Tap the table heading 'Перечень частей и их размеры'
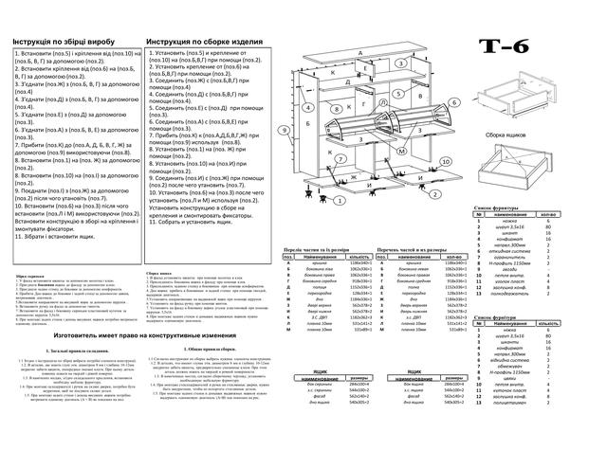click(418, 249)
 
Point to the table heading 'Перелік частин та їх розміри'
click(322, 249)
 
